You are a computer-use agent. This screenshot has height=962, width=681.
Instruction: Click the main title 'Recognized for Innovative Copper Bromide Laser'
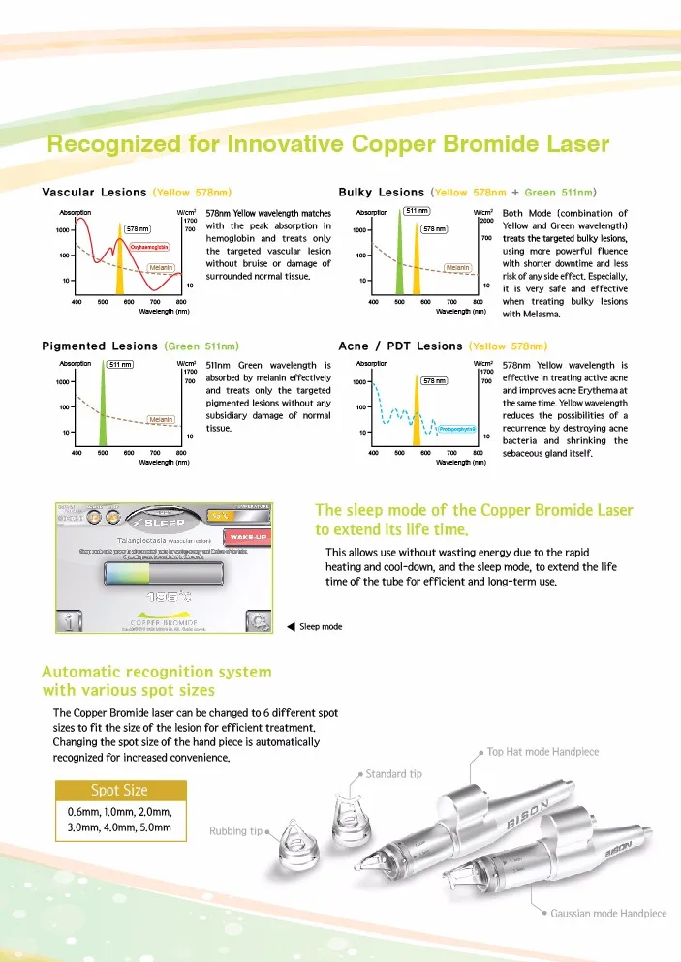(328, 145)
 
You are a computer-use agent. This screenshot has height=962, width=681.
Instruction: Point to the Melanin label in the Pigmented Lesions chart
(160, 419)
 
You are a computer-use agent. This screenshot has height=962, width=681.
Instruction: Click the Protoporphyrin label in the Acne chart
(455, 428)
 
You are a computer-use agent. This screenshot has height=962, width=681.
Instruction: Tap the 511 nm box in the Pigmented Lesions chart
(120, 364)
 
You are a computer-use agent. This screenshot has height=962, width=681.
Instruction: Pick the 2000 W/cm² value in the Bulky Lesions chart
(487, 221)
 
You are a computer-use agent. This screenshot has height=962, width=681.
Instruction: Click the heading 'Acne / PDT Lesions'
(400, 346)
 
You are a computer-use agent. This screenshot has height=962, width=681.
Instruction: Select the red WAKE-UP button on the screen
(249, 536)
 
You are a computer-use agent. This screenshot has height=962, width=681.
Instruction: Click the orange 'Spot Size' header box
(119, 790)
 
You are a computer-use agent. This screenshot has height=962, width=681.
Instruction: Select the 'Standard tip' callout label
(393, 773)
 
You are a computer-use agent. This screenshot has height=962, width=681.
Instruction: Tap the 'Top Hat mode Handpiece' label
(542, 752)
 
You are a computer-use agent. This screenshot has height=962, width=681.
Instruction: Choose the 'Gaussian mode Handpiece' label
(602, 913)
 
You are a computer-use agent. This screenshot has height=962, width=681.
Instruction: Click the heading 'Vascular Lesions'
(95, 192)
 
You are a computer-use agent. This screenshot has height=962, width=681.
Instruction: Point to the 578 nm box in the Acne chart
(433, 381)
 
